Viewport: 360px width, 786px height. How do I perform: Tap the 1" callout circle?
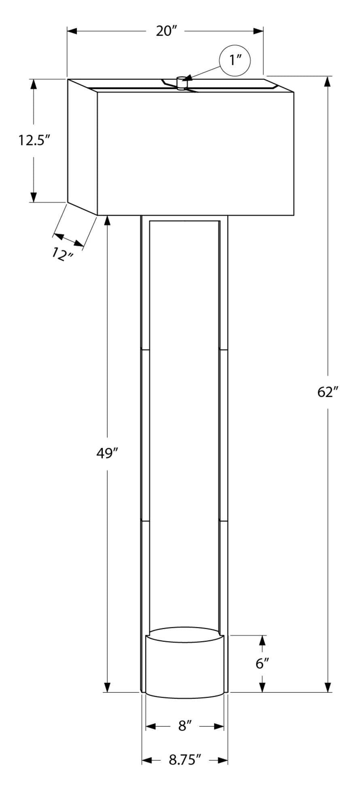point(235,60)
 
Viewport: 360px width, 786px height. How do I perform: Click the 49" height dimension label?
point(107,453)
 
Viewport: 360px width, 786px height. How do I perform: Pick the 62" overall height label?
point(328,392)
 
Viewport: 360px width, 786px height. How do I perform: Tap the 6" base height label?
point(262,663)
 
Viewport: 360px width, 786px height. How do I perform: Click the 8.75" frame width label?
point(185,760)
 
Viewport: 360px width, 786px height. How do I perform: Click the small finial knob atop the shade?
point(182,82)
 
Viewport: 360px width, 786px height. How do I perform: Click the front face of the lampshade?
point(195,154)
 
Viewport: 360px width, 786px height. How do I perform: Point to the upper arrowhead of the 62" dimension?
point(328,81)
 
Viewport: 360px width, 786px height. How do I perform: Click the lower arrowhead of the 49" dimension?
point(107,687)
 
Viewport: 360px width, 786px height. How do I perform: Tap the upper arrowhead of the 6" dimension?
point(262,640)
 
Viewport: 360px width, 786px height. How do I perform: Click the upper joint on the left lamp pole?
point(145,348)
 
